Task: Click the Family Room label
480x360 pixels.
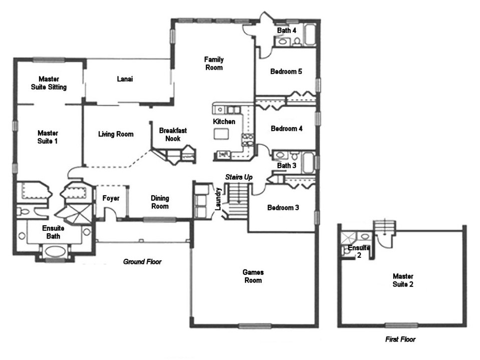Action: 213,64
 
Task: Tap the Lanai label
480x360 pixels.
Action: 125,79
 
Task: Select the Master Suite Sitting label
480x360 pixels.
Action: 49,83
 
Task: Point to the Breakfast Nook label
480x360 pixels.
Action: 173,134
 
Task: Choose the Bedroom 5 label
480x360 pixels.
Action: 286,72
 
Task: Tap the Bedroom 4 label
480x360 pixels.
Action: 287,128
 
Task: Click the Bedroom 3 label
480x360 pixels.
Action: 283,208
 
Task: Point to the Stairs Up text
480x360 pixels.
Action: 238,177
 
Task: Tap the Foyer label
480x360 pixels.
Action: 111,198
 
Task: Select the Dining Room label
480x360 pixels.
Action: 160,202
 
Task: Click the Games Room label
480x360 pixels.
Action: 253,276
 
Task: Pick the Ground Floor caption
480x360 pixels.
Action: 142,261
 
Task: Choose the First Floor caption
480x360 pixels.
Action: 400,339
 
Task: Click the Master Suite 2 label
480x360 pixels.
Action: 403,280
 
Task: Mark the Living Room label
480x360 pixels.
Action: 116,134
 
